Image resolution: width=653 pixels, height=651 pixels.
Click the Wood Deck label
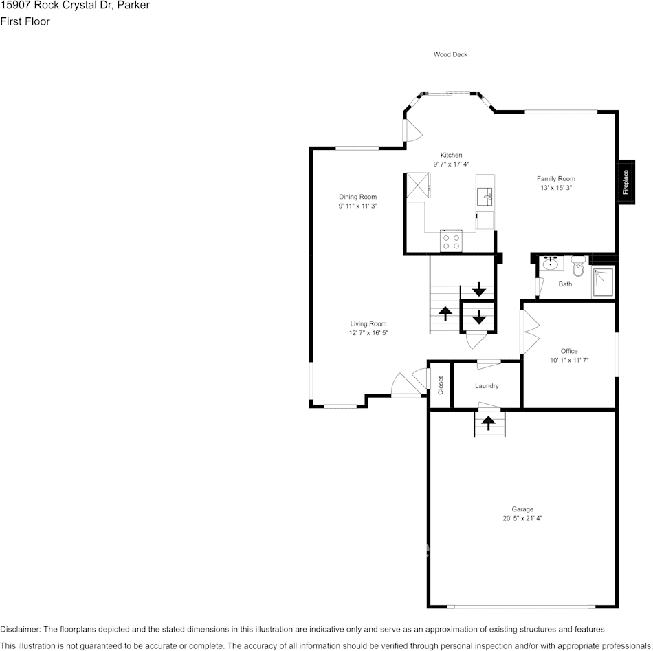[x=450, y=54]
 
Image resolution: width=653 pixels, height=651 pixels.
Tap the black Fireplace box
[x=626, y=182]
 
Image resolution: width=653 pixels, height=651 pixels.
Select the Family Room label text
[x=555, y=179]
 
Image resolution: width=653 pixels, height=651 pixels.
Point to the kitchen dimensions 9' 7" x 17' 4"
[x=451, y=164]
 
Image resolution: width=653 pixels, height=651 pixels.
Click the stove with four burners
[x=451, y=241]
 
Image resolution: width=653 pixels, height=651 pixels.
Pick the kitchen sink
[x=485, y=196]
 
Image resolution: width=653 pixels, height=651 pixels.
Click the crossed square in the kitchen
[x=417, y=184]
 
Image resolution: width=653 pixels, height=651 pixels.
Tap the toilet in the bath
[x=577, y=266]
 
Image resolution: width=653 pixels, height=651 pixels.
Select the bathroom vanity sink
[x=551, y=264]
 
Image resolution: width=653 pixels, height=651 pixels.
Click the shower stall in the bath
[x=603, y=282]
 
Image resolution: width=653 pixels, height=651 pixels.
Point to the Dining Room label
[x=357, y=197]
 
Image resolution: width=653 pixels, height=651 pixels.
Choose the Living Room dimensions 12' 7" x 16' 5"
[x=368, y=333]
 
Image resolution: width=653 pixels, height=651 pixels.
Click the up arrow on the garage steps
[x=489, y=423]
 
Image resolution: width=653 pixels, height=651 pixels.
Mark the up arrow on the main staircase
[x=445, y=313]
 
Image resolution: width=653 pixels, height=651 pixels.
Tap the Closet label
[x=441, y=385]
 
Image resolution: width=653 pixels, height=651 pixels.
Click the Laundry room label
[x=487, y=386]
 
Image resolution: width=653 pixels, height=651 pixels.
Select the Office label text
[x=568, y=351]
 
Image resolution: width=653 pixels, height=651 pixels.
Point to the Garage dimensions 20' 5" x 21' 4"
[x=522, y=518]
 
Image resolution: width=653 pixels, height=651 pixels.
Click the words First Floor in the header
[x=25, y=21]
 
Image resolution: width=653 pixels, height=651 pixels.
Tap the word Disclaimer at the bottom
[x=21, y=629]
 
